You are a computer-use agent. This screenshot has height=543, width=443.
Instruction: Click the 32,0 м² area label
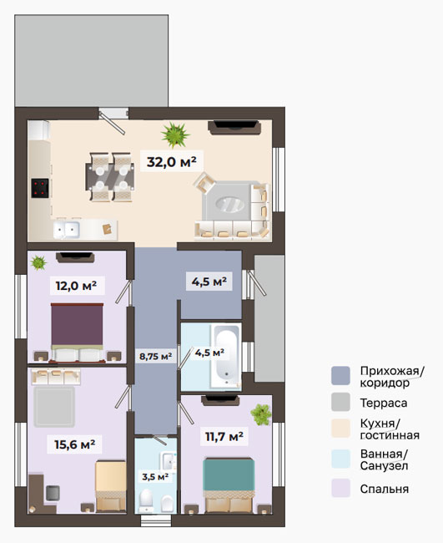tap(172, 162)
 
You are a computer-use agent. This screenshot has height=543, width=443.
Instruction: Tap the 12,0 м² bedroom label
tap(76, 286)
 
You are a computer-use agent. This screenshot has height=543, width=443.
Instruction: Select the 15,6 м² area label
tap(75, 444)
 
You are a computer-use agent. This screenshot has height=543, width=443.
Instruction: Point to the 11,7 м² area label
tap(224, 436)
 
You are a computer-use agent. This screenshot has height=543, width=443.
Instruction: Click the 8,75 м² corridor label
tap(156, 356)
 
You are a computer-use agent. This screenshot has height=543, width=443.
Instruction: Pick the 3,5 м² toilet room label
tap(155, 477)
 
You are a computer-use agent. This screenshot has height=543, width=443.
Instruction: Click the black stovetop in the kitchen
tap(40, 188)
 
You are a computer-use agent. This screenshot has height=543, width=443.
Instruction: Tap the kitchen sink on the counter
tap(67, 230)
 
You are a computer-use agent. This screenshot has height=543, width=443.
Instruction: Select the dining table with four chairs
tap(110, 176)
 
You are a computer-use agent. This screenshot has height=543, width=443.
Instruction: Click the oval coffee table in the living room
tap(230, 204)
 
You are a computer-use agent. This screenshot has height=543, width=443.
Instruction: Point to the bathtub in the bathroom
tap(226, 356)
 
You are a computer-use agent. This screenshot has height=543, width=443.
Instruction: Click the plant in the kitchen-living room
tap(175, 134)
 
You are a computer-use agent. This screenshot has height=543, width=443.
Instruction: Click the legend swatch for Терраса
tap(340, 402)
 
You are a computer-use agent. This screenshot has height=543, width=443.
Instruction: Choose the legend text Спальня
tap(385, 489)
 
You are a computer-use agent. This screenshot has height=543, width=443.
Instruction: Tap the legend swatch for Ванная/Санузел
tap(340, 459)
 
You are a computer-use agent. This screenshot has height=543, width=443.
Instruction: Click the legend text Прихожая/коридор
tap(392, 377)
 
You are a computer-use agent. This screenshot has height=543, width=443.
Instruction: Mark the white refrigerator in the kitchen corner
tap(38, 129)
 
